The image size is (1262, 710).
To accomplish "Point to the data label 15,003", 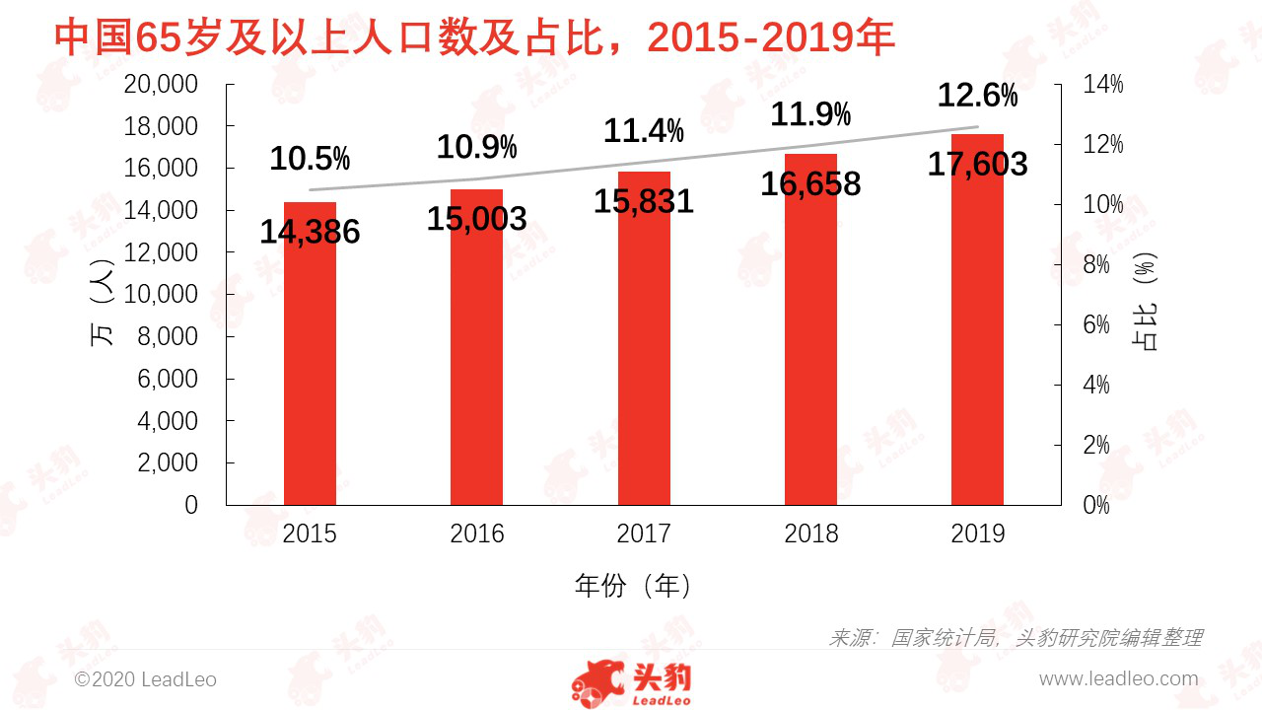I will click(x=476, y=219).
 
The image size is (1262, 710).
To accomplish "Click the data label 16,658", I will click(x=810, y=183).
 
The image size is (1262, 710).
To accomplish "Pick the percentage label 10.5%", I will click(x=310, y=158).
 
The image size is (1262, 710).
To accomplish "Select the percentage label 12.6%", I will click(x=977, y=96).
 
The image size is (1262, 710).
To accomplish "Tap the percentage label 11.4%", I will click(x=644, y=130).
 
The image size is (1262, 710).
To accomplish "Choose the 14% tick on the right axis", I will click(x=1102, y=85).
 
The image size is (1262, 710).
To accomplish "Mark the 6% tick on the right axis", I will click(x=1102, y=325).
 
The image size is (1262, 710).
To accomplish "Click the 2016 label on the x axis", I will click(x=476, y=534).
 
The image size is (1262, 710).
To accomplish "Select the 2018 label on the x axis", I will click(x=810, y=534).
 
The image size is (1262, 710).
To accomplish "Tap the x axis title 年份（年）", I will click(x=635, y=586).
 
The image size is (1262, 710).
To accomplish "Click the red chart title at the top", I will click(x=473, y=37).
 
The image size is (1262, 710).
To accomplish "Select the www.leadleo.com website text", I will click(x=1118, y=679).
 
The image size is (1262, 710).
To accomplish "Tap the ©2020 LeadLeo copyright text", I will click(x=146, y=679).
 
